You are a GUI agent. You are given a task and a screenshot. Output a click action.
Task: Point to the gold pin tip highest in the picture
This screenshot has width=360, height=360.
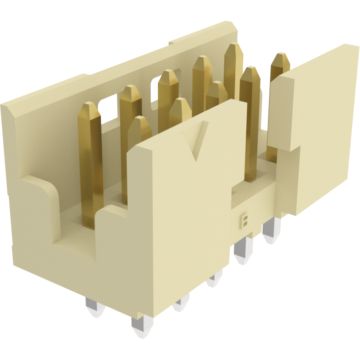pos(233,49)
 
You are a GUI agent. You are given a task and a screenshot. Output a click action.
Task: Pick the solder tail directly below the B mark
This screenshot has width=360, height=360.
pos(243,252)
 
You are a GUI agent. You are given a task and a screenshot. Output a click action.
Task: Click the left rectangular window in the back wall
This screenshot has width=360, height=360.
pos(107,104)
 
